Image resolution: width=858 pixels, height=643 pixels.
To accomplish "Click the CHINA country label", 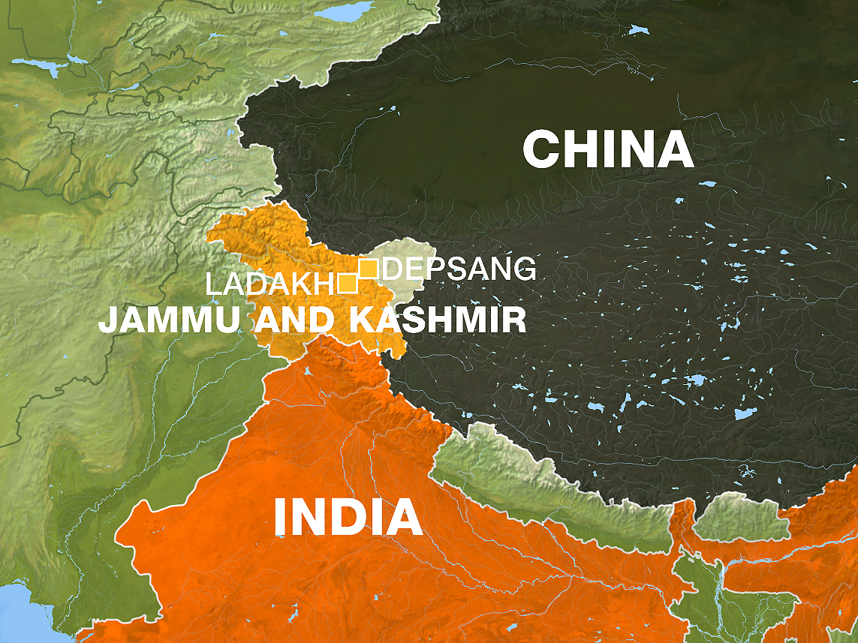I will coord(608,149).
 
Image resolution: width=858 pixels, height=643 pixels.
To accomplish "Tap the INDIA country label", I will coord(348,517).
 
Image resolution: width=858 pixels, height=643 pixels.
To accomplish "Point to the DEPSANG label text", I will coord(459,269).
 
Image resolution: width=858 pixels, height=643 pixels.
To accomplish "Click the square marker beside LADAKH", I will coord(347,283).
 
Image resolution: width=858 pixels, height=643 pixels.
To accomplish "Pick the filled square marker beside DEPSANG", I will coord(368,268).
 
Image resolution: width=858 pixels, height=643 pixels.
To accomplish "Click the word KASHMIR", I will coord(438,320).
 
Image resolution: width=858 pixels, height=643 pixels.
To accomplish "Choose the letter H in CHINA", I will coord(587,149).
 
